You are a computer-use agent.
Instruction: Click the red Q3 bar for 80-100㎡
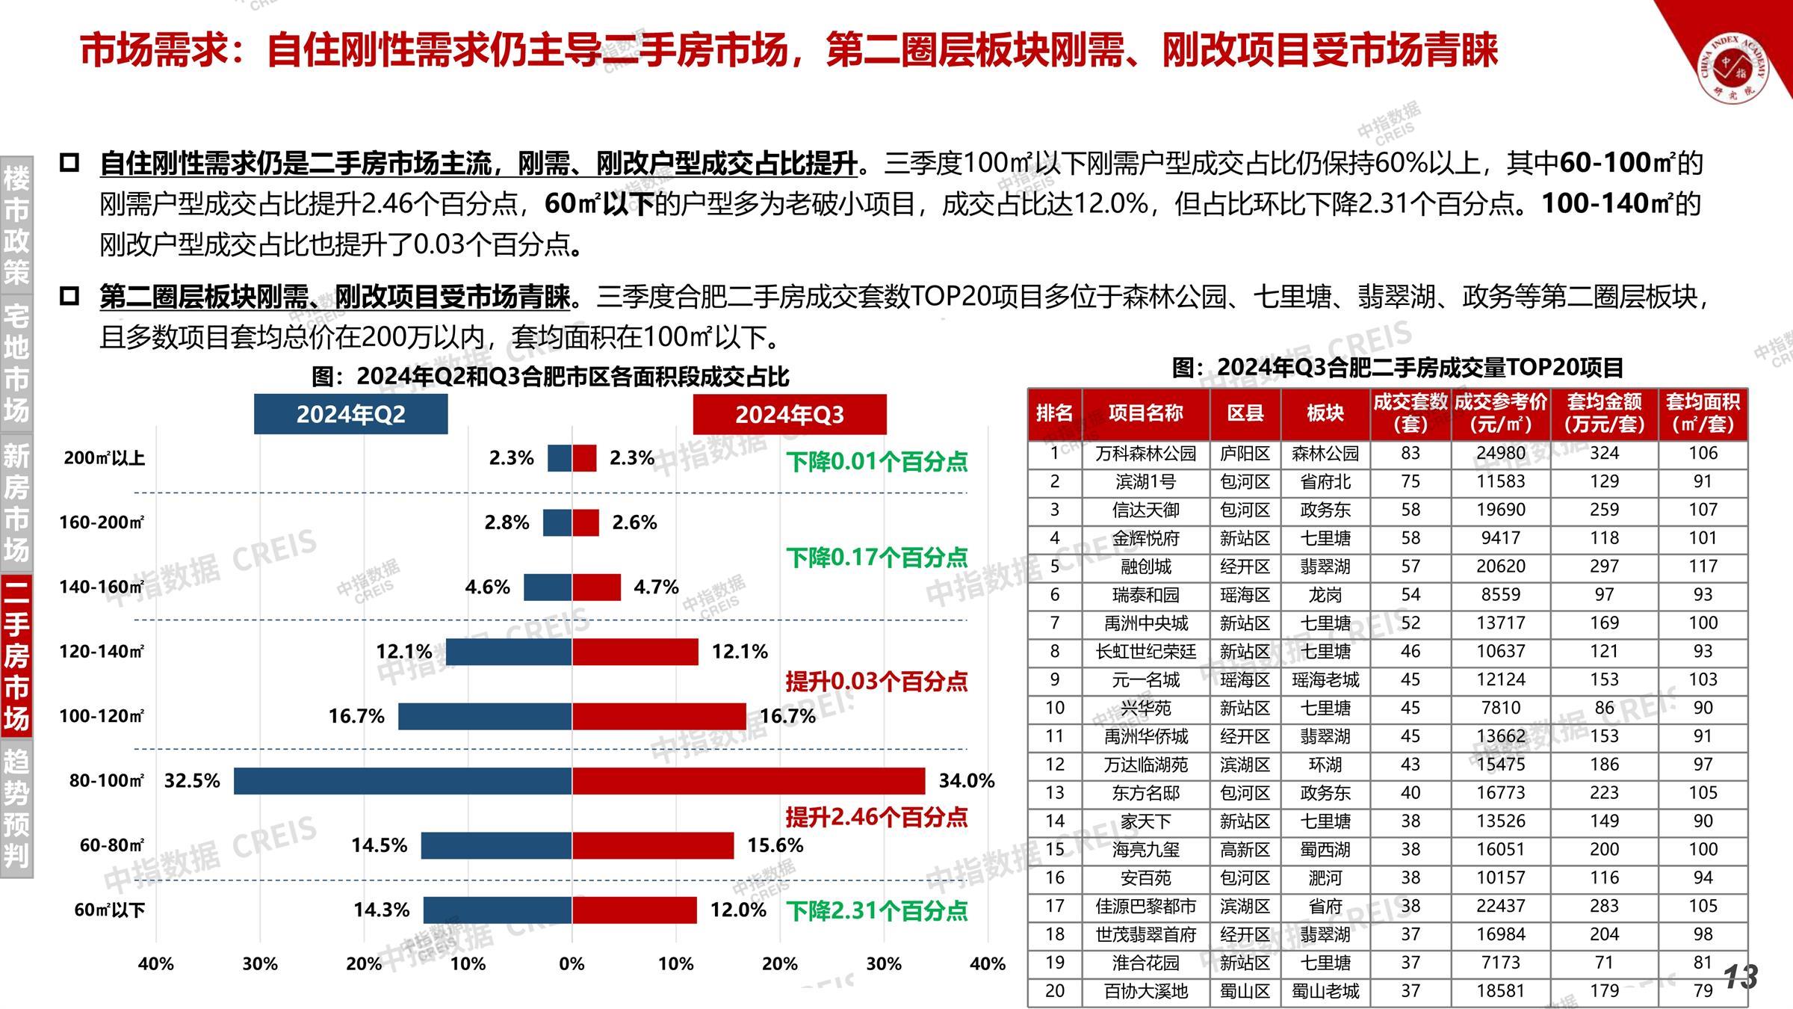(x=748, y=781)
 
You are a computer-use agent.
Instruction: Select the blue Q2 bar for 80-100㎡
(x=403, y=781)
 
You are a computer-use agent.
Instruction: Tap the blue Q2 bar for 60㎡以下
(x=497, y=910)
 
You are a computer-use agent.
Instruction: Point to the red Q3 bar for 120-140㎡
(x=635, y=652)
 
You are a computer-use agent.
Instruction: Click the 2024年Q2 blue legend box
(x=350, y=414)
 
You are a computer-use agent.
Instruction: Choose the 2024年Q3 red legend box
(x=790, y=414)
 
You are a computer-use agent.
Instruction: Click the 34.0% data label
(x=966, y=781)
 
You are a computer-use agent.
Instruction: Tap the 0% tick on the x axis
(x=572, y=964)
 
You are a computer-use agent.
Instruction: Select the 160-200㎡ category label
(x=102, y=522)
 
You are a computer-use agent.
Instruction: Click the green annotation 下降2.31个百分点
(x=877, y=911)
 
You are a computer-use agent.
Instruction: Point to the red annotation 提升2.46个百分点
(x=876, y=817)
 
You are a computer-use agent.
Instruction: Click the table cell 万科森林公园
(x=1145, y=454)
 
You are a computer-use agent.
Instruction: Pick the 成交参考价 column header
(x=1500, y=413)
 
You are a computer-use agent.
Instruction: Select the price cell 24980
(x=1500, y=454)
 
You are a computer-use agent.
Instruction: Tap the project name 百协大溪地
(x=1145, y=992)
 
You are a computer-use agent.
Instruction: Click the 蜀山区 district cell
(x=1245, y=992)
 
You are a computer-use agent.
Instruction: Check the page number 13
(x=1741, y=977)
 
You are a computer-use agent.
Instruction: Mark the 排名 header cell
(x=1054, y=413)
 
